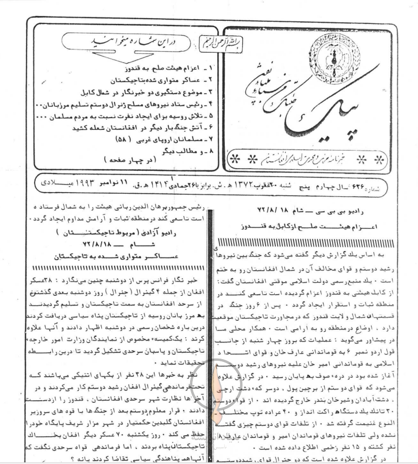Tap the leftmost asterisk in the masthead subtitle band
(234, 159)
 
